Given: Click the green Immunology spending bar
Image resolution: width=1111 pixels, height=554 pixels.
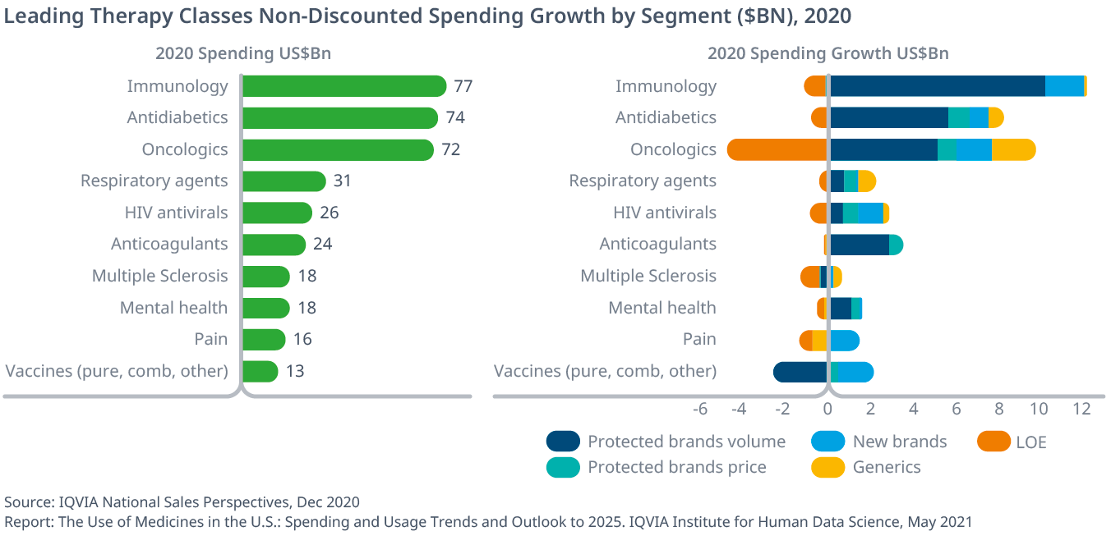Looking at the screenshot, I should [343, 86].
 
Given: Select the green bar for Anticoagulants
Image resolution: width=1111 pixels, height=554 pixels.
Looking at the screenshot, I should [274, 245].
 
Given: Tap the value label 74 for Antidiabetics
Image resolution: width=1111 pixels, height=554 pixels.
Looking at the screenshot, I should [455, 117].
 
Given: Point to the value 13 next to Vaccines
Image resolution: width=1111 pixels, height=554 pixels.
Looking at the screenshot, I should [295, 371].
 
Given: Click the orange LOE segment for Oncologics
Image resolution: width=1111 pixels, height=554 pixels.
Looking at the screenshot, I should [777, 149].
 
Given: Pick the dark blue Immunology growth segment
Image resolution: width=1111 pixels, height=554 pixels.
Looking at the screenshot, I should [937, 86].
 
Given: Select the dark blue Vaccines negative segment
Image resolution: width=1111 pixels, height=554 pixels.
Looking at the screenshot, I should [800, 372].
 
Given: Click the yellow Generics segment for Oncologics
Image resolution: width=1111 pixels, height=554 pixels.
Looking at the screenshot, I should [1012, 149].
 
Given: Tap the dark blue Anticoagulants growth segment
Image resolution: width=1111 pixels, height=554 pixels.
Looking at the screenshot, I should [860, 245].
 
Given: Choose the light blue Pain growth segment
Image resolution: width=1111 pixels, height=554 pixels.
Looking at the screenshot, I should [844, 340].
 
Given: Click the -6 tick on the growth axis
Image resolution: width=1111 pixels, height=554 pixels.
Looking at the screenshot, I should [700, 409].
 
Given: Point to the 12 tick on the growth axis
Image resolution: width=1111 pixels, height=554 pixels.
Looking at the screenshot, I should [1082, 409].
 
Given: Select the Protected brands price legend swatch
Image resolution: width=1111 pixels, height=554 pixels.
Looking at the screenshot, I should [563, 467].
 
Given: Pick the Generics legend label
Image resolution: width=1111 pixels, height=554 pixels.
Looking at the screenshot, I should [887, 467].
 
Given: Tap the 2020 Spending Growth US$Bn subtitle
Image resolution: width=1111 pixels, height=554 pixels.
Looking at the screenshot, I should [827, 54].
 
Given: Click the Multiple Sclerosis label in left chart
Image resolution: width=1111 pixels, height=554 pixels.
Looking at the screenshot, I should [159, 276].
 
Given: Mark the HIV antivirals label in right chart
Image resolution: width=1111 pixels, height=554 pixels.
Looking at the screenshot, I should [665, 213].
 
